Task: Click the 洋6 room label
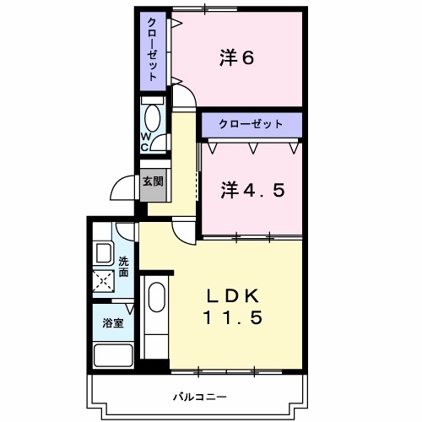237,58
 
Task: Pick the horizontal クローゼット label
251,123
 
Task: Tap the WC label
145,140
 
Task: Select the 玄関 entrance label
153,181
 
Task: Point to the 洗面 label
124,267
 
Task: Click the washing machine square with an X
103,281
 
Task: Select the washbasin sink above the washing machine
104,252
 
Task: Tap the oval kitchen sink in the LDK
155,300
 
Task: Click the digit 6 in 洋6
248,58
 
